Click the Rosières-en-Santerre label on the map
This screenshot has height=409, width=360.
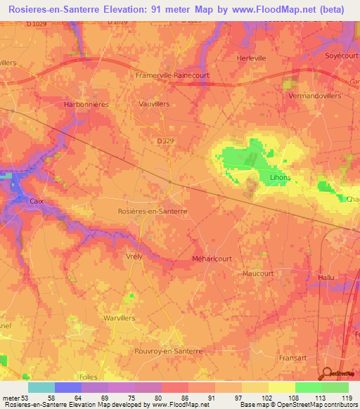pos(151,210)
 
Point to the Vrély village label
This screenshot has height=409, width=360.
pos(134,257)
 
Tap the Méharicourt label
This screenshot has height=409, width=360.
pos(212,259)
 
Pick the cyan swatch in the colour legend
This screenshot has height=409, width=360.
pos(41,387)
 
